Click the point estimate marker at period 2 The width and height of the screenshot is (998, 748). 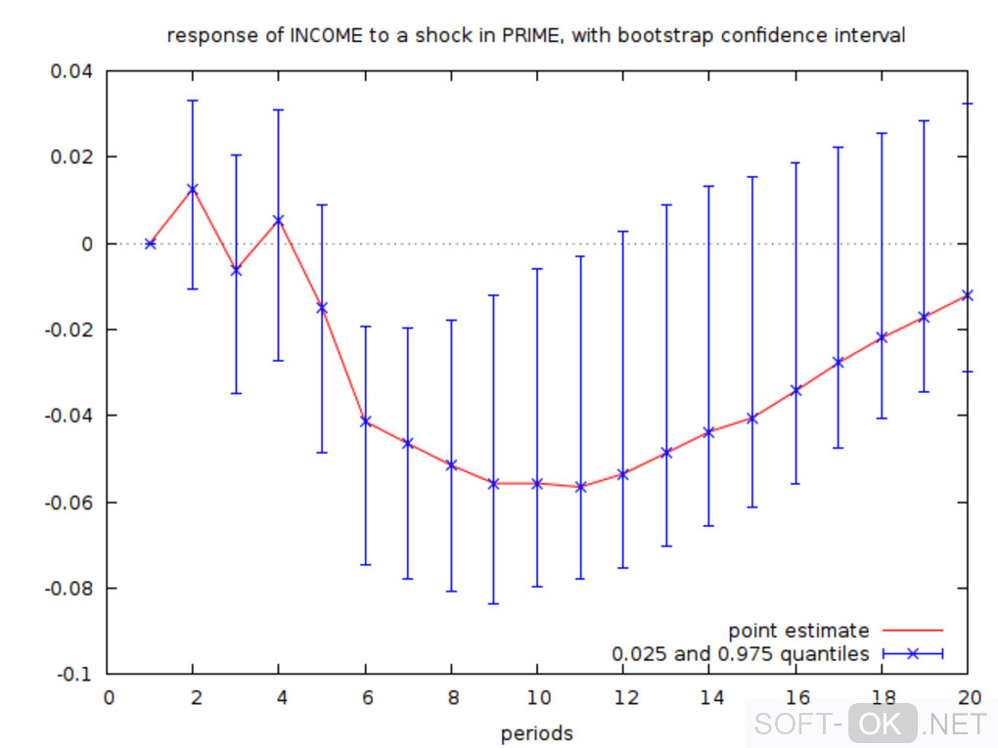pos(193,189)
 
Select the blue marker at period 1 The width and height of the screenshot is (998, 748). pos(150,243)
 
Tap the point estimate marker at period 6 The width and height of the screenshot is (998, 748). pos(366,421)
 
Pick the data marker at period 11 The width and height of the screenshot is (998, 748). pos(580,487)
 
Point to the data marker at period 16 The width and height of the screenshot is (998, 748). pos(795,390)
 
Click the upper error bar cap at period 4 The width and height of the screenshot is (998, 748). pos(279,110)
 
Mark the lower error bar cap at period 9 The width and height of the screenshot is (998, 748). pos(494,604)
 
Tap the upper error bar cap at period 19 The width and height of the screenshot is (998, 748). pos(925,120)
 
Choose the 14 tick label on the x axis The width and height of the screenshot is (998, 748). pos(708,698)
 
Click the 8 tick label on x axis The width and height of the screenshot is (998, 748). pos(451,698)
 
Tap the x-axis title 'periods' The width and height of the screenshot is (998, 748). pos(536,733)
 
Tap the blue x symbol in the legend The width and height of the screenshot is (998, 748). pos(912,654)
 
